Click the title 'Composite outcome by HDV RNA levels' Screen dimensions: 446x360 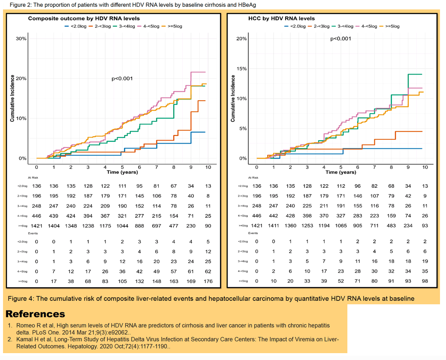(x=84, y=18)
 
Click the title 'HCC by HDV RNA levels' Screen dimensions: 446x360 (x=281, y=18)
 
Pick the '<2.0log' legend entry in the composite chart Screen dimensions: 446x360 (x=75, y=26)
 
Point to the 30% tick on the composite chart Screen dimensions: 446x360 (x=21, y=39)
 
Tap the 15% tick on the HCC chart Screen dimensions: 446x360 (x=241, y=69)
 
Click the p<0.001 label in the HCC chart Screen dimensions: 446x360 (x=341, y=39)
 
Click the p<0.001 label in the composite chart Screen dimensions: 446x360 (x=122, y=78)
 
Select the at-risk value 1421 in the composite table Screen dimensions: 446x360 (x=36, y=226)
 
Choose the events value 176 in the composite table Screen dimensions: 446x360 (x=208, y=281)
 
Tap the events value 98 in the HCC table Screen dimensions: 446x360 (x=425, y=281)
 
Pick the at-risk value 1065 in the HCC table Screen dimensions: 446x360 (x=341, y=225)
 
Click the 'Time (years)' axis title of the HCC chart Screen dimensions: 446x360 (x=341, y=172)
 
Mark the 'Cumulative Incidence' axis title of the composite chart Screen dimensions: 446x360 (x=12, y=99)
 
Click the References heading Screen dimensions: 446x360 (x=35, y=314)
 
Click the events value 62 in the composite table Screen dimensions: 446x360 (x=208, y=271)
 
